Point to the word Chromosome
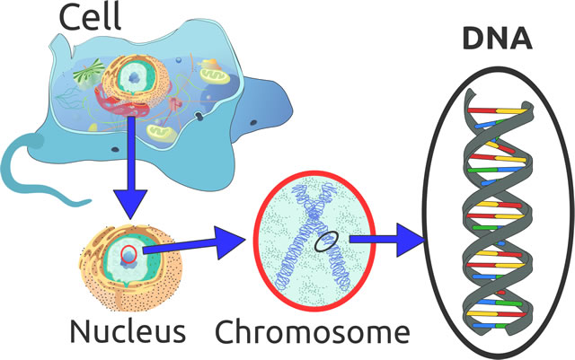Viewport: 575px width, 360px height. tap(306, 331)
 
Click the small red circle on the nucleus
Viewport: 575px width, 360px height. tap(130, 253)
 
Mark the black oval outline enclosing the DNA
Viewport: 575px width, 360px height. tap(433, 206)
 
